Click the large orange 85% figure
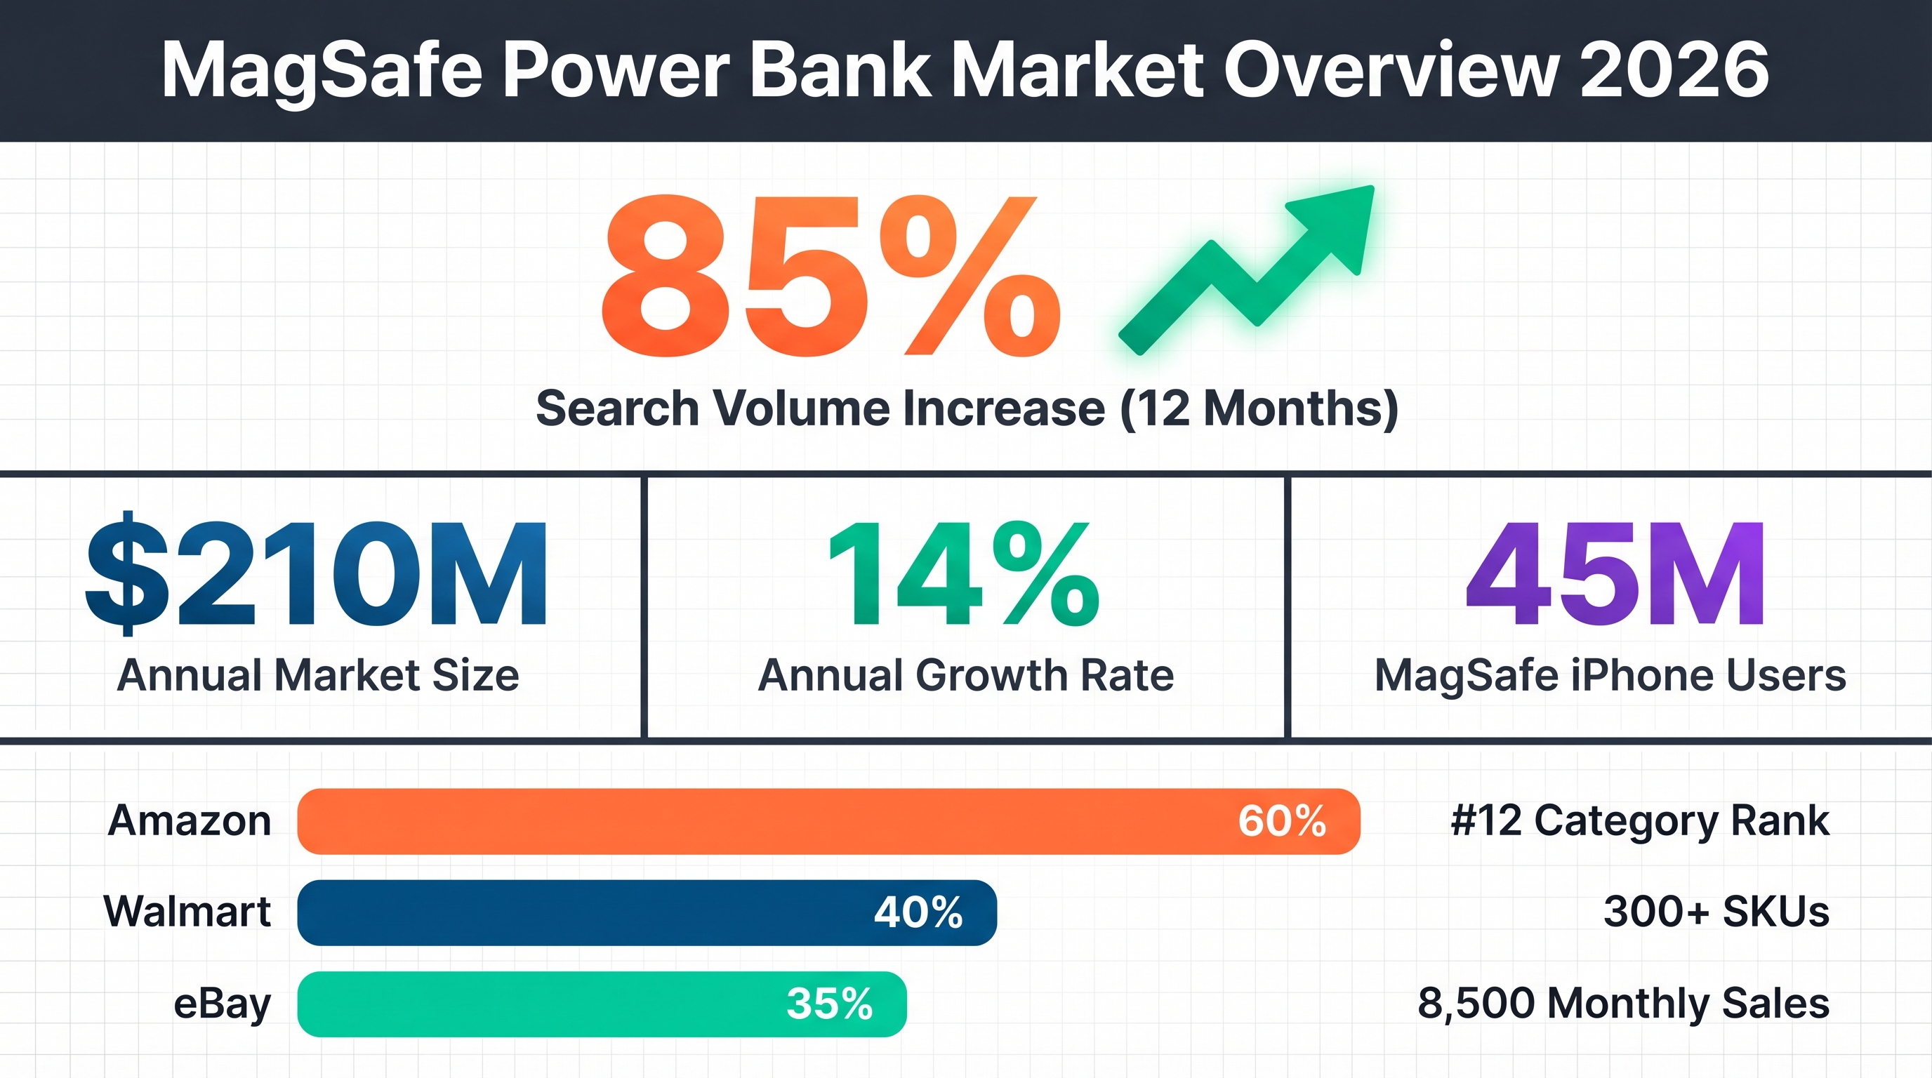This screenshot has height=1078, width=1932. (831, 276)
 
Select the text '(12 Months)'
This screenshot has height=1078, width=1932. (1259, 408)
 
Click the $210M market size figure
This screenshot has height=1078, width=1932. (317, 574)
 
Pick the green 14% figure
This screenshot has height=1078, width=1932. (965, 574)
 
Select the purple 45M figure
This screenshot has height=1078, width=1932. (1614, 574)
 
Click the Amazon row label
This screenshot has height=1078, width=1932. (190, 820)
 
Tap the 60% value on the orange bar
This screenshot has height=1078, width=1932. (1282, 821)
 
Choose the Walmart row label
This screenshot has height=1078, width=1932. (187, 912)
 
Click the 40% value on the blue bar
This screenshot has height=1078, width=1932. (919, 912)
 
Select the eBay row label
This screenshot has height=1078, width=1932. (222, 1004)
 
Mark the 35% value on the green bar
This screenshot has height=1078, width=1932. (830, 1004)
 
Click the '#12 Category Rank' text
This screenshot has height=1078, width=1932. (1639, 820)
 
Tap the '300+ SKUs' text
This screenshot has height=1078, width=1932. (1716, 912)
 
